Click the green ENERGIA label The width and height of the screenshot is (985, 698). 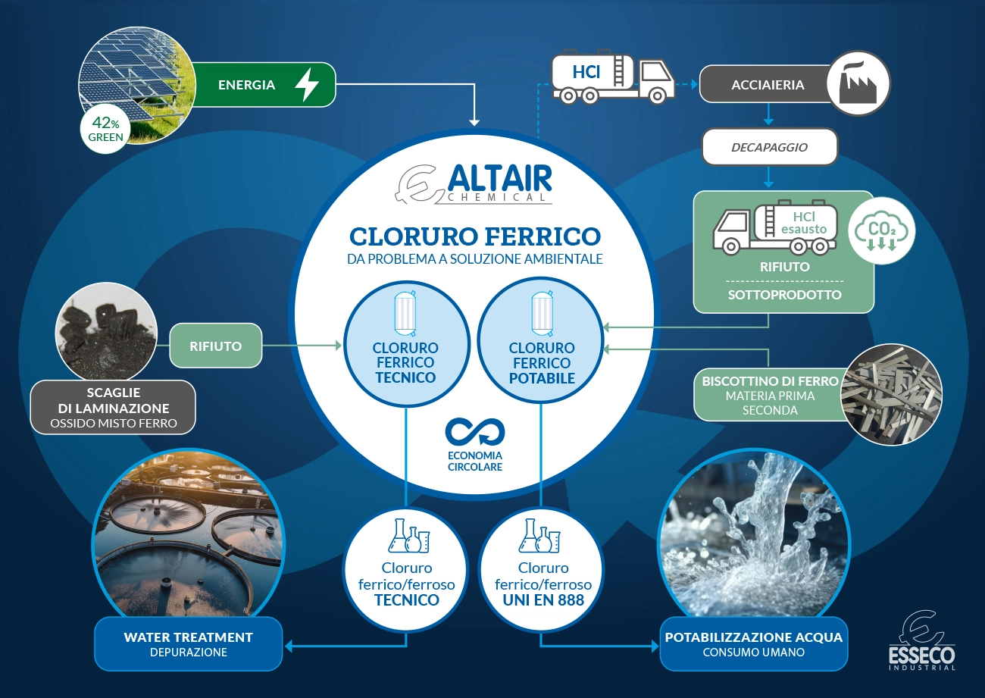[x=246, y=85]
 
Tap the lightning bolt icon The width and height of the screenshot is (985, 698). [x=306, y=85]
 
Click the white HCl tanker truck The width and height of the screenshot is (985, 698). [x=612, y=77]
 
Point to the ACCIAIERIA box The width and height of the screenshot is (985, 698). [x=767, y=85]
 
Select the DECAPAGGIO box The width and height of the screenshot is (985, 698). [x=769, y=147]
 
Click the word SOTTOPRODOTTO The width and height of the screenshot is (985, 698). [x=783, y=295]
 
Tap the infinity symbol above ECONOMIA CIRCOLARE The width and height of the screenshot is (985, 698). [x=474, y=433]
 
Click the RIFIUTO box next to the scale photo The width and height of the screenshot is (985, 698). [x=216, y=346]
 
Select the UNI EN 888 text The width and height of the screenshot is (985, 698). [x=543, y=600]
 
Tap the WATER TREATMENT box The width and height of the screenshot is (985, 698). [x=188, y=643]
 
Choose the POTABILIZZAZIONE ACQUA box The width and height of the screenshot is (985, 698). [x=753, y=643]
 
